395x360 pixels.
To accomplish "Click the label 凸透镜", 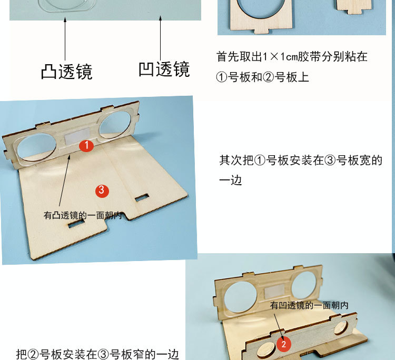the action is [x=67, y=72].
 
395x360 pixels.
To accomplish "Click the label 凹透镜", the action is [x=164, y=69].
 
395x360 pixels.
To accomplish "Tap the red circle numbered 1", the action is [x=86, y=145].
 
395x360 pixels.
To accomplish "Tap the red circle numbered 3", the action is [x=102, y=191].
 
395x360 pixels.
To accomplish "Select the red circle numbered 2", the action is [x=284, y=344].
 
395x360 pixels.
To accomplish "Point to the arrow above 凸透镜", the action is [x=65, y=39].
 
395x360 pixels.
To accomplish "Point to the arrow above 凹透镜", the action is [x=160, y=38].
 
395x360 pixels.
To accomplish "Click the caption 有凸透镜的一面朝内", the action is [x=83, y=215].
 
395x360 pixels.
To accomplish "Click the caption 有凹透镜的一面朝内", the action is [x=309, y=305].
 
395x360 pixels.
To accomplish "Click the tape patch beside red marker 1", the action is [x=77, y=136].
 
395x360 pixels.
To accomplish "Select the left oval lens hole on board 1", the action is [x=36, y=148].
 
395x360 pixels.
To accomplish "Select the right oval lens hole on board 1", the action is [x=115, y=124].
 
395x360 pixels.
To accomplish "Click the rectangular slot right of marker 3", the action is [x=142, y=197].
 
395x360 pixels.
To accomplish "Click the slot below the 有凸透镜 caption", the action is [x=76, y=223].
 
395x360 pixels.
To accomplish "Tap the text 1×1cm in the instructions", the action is [x=280, y=57].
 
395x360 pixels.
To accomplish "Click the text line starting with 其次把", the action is [x=301, y=161].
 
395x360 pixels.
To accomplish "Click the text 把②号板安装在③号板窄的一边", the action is [x=97, y=354].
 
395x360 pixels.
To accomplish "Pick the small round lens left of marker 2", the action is [x=265, y=351].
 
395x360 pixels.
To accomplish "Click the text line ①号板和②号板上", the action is [x=262, y=77].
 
